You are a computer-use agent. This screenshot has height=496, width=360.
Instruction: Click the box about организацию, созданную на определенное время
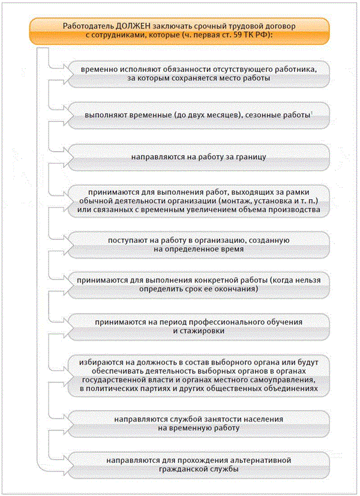[x=198, y=244]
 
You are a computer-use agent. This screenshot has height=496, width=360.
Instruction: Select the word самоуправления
[x=286, y=381]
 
